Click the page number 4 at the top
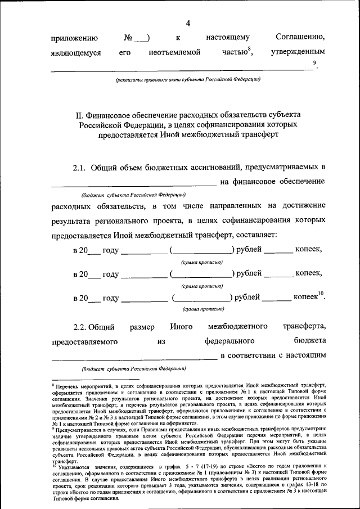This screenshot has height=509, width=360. tap(188, 23)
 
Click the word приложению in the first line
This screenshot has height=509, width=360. tap(75, 38)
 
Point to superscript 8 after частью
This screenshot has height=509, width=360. tap(249, 49)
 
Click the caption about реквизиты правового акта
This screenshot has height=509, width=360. tap(188, 79)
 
